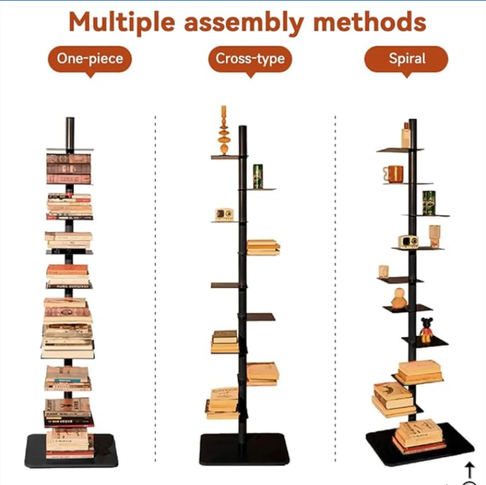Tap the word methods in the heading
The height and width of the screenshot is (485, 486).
click(x=370, y=22)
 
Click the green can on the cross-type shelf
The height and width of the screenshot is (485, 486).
click(x=258, y=177)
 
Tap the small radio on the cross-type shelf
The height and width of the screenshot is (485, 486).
click(x=224, y=215)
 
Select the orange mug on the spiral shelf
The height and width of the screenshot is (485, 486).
click(x=393, y=174)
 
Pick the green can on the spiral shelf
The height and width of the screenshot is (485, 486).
click(x=429, y=203)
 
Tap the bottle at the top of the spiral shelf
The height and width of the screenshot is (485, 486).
click(x=406, y=135)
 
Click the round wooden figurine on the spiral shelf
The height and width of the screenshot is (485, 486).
click(x=399, y=299)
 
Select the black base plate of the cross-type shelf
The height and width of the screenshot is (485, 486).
click(x=244, y=449)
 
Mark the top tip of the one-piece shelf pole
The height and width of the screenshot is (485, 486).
click(x=70, y=118)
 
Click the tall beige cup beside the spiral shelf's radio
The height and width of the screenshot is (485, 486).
click(x=435, y=236)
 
